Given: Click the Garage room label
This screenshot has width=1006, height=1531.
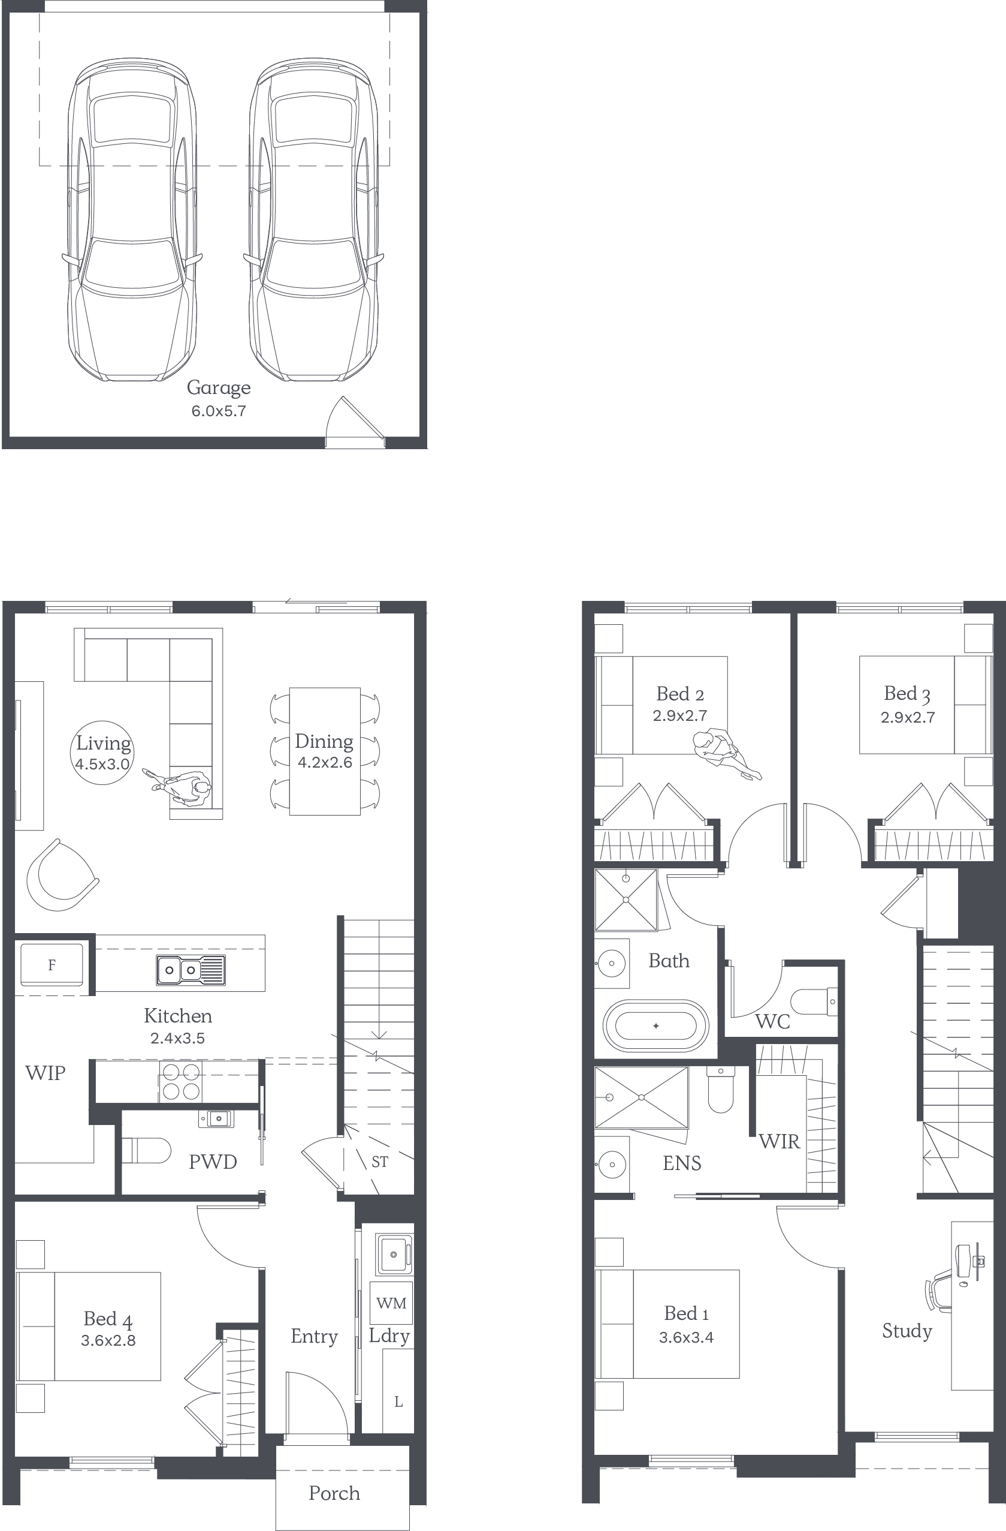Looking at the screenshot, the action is [219, 388].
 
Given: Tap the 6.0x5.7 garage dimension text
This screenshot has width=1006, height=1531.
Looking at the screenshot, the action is [219, 411].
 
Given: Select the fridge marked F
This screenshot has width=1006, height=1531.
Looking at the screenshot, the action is [52, 964].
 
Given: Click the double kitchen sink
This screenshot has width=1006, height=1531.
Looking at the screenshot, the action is [191, 970].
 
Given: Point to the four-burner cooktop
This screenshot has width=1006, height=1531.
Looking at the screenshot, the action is [180, 1081].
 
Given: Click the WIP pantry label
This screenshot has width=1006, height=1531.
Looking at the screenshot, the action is [45, 1072].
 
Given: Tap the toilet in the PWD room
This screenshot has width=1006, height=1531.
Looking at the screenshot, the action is [147, 1150].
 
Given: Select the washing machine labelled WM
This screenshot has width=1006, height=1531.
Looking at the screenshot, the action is [391, 1303].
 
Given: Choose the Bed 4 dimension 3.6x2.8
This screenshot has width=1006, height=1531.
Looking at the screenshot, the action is [108, 1340].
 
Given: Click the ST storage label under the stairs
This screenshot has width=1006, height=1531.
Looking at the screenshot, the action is [380, 1162].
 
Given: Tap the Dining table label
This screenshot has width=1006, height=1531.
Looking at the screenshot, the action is [324, 741].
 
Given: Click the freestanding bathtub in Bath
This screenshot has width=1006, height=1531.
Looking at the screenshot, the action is [655, 1025].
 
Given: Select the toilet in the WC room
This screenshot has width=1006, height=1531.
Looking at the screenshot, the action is [814, 1001].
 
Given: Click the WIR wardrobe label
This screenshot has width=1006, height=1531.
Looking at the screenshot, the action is [779, 1141].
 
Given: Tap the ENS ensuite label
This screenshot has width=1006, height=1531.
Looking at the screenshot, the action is [682, 1163].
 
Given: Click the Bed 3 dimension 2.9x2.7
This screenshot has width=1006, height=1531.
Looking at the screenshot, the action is [908, 717].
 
